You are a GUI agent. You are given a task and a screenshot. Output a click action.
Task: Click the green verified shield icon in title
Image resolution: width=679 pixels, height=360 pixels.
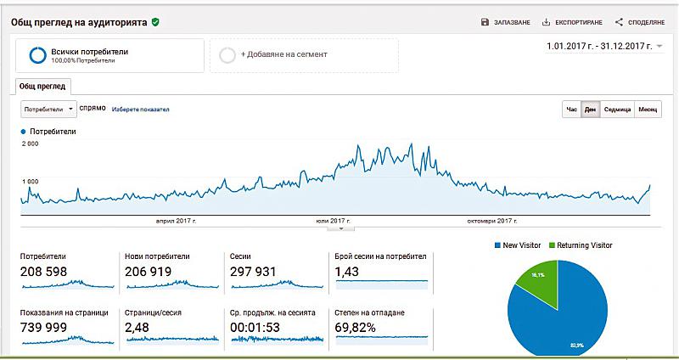point(155,21)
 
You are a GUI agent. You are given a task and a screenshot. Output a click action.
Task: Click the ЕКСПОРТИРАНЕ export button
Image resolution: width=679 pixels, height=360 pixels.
point(573,22)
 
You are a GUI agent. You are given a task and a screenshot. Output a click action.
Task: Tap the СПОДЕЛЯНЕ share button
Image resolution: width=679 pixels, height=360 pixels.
point(641,22)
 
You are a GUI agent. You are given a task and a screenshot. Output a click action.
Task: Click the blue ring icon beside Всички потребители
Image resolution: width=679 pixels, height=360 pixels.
point(37,55)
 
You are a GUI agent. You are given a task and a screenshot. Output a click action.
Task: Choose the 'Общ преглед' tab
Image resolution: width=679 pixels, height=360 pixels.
point(42,86)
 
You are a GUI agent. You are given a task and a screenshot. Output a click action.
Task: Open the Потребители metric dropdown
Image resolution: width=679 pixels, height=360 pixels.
point(48,110)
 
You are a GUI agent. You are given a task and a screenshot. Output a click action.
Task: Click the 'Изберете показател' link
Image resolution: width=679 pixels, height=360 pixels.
point(141,110)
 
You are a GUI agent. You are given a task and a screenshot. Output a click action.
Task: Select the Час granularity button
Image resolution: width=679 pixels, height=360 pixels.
point(571,110)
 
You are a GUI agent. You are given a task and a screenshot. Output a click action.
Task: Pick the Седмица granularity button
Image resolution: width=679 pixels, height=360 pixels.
point(616,110)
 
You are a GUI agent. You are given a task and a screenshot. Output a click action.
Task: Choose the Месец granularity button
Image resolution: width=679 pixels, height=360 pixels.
point(648,110)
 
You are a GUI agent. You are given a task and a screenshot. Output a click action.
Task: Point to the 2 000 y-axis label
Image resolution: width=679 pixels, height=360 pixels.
point(30,144)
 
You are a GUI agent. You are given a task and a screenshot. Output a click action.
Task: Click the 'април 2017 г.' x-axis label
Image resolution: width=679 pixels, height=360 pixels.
point(176,221)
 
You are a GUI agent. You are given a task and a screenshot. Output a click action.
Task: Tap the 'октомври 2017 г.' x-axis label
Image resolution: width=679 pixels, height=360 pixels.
point(491,221)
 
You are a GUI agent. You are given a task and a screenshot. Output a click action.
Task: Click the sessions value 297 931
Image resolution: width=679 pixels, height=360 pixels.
point(255,273)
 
